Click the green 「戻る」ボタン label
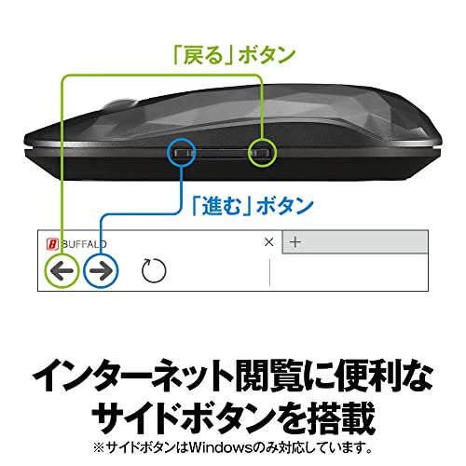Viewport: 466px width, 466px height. (235, 55)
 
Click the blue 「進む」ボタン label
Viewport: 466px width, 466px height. (253, 206)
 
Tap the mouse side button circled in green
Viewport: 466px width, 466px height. (262, 153)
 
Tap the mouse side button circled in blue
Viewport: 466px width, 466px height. (184, 153)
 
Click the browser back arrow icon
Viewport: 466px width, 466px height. (62, 270)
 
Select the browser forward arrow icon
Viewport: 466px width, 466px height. (101, 270)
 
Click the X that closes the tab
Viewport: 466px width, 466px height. (269, 242)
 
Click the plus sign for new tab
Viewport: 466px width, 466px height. (295, 242)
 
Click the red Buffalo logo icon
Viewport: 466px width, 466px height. (52, 244)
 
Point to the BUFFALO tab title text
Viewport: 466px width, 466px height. (84, 244)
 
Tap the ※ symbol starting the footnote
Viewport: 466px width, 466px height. (99, 448)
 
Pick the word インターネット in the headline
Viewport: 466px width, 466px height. (133, 375)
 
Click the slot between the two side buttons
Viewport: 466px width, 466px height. (223, 153)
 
